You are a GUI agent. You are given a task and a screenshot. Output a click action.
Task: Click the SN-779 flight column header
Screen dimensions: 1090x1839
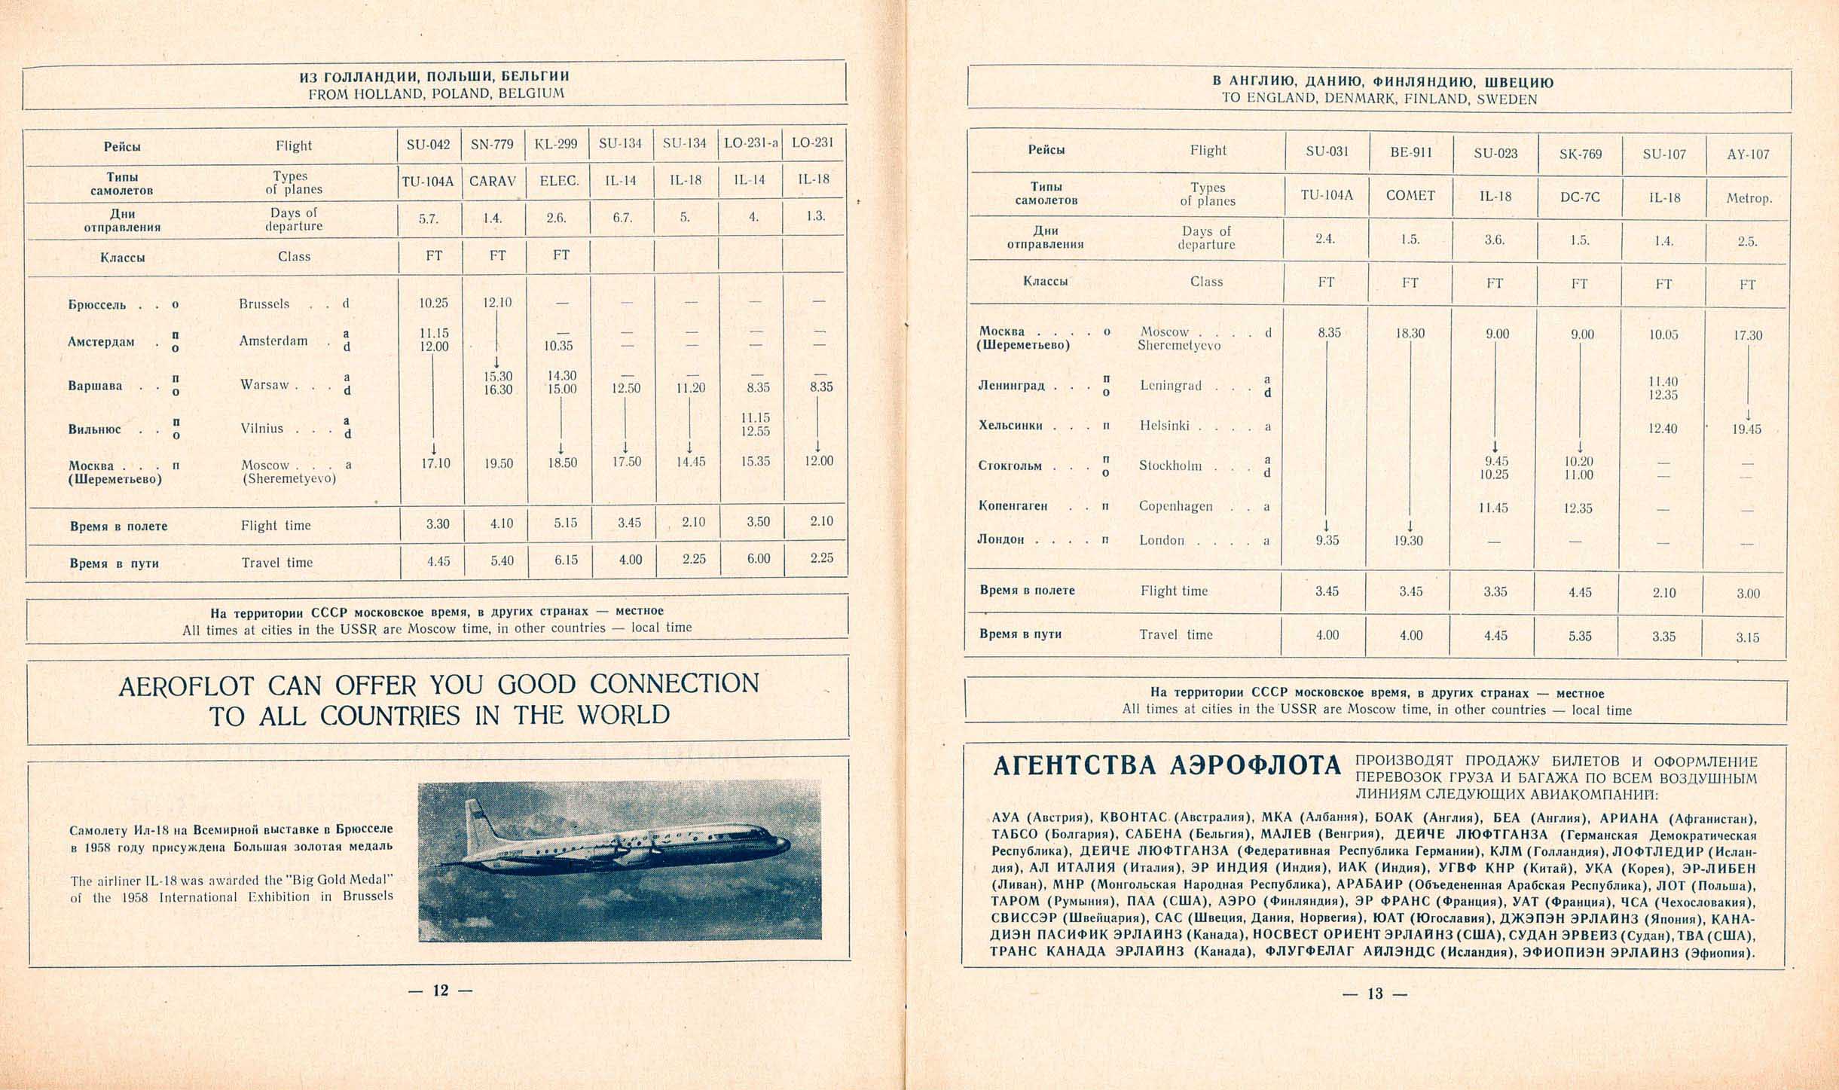(x=492, y=143)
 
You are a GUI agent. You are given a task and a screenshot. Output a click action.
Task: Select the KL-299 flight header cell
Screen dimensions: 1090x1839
(x=556, y=143)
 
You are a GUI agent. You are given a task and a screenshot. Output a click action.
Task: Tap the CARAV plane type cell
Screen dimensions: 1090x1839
(x=492, y=182)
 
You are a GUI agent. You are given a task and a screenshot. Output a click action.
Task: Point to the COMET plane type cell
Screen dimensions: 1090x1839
(x=1410, y=196)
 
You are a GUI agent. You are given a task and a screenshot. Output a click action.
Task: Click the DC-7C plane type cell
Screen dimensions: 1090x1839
(x=1580, y=197)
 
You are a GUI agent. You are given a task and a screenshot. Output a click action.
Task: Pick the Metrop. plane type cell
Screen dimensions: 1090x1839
(x=1749, y=199)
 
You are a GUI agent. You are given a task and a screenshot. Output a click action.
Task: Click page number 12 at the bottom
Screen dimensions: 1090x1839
(x=440, y=991)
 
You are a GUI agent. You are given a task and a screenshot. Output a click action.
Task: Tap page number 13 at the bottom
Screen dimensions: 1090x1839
(x=1375, y=994)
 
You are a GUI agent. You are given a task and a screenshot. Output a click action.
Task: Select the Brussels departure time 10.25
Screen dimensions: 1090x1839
(x=433, y=303)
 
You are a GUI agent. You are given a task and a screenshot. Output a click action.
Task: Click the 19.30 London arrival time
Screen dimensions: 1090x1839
(x=1408, y=540)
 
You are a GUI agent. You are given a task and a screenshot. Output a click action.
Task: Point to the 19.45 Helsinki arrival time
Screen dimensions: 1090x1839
(x=1747, y=429)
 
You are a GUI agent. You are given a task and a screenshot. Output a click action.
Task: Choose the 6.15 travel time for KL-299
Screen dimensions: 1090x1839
(x=566, y=559)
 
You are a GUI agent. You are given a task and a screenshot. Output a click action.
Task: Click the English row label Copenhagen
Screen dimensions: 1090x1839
(x=1175, y=506)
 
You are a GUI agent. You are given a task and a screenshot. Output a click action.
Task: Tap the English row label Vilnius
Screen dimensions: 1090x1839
(x=262, y=428)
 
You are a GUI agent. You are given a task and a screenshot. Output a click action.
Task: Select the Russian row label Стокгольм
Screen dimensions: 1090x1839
(x=1010, y=466)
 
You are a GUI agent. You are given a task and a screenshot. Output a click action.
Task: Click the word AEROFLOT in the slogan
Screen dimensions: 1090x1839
(x=186, y=685)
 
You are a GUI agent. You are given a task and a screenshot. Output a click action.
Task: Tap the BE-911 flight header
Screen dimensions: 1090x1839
(x=1410, y=152)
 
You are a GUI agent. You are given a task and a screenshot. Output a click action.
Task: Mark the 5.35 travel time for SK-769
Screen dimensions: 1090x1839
(x=1580, y=636)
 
